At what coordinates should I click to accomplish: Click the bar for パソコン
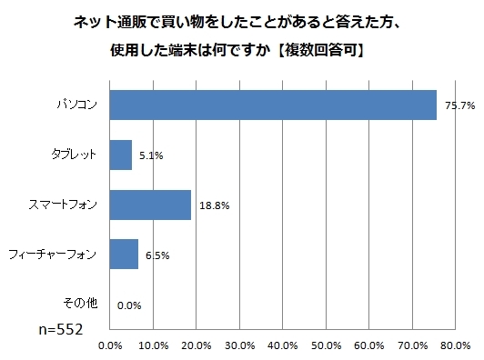tap(273, 105)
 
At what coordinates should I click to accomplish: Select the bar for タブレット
tap(120, 155)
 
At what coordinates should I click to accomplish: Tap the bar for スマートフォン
tap(149, 205)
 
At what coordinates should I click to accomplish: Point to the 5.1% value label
tap(151, 156)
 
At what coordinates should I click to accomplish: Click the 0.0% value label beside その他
tap(128, 306)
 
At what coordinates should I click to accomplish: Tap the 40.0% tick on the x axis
tap(283, 345)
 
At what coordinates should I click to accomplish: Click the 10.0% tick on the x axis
tap(153, 345)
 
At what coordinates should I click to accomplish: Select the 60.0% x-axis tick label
tap(369, 345)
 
